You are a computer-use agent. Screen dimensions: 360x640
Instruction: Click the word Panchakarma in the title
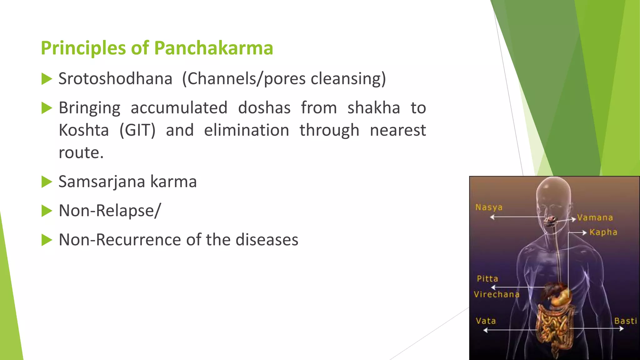213,48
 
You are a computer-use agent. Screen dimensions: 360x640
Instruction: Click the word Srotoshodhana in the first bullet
115,78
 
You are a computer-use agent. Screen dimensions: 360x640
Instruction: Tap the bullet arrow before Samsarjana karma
47,182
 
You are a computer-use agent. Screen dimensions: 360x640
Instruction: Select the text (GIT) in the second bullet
137,130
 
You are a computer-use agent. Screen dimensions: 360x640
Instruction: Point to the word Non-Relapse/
110,211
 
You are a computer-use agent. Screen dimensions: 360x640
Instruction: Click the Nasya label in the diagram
489,207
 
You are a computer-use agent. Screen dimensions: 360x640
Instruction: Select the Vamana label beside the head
595,217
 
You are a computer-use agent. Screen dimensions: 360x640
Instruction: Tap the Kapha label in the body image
603,232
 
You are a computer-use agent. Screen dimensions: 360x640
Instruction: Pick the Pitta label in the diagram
487,278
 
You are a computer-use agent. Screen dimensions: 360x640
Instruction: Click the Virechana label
496,294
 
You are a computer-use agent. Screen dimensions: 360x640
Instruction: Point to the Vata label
486,321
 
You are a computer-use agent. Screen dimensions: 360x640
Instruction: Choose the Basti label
625,321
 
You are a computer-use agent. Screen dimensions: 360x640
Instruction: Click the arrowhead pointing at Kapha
584,232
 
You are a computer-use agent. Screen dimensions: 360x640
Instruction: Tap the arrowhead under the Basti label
622,328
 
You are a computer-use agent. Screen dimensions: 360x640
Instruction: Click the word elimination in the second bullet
247,130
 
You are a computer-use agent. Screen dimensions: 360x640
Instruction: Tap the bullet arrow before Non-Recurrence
47,240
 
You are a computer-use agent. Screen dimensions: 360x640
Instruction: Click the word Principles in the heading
83,48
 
